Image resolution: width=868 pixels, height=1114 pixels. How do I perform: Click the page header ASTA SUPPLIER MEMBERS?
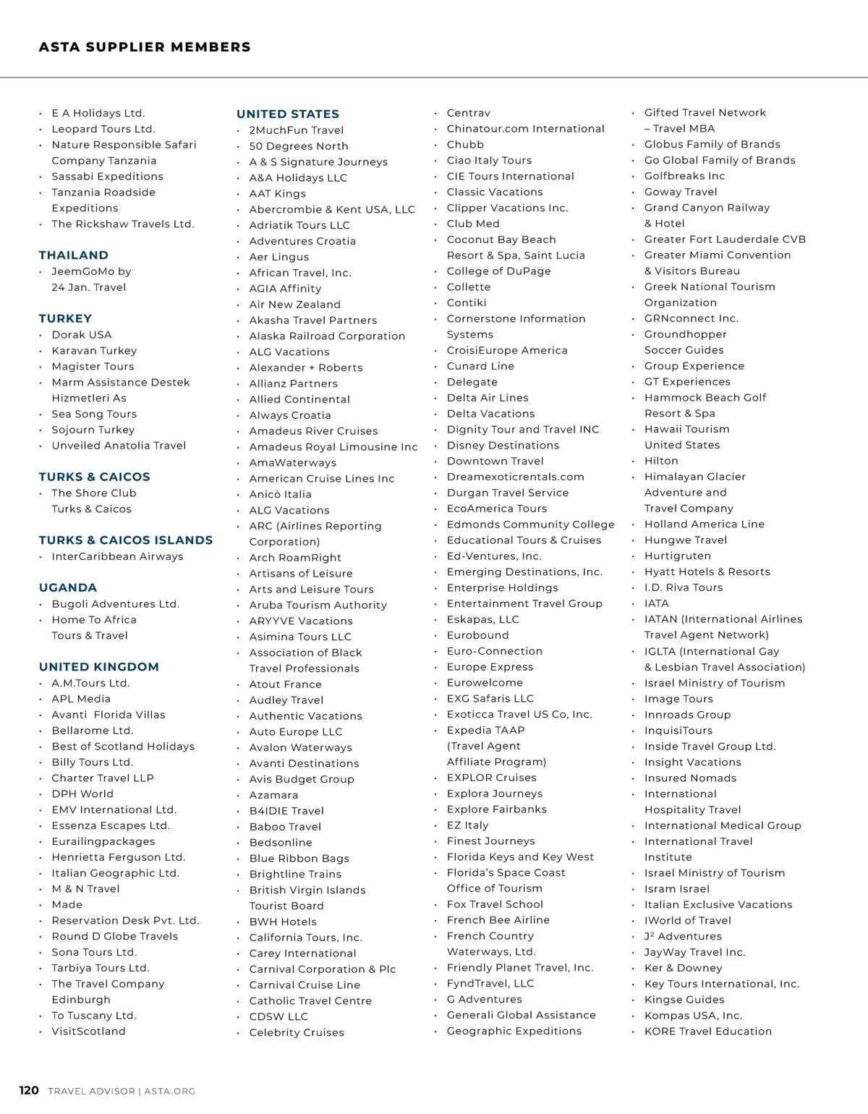click(x=145, y=48)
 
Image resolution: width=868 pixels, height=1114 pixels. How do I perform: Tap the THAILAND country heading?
click(x=74, y=255)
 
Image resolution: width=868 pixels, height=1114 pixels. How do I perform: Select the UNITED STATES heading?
click(x=288, y=114)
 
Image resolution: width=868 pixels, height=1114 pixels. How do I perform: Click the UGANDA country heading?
click(x=68, y=588)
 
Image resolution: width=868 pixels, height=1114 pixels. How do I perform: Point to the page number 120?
click(x=29, y=1091)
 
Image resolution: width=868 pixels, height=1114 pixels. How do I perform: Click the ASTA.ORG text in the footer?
click(x=169, y=1092)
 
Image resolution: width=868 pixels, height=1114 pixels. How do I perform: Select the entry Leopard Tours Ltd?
click(x=103, y=129)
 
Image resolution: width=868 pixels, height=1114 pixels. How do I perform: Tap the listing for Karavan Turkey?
click(x=94, y=351)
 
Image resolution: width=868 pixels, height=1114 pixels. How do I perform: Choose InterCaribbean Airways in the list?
click(x=117, y=556)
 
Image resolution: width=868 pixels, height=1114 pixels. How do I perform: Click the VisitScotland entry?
click(x=88, y=1032)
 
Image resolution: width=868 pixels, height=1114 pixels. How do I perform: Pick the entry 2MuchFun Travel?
click(x=297, y=130)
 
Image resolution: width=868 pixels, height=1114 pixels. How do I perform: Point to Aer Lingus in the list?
click(x=279, y=257)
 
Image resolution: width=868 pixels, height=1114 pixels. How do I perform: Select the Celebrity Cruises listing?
click(x=297, y=1033)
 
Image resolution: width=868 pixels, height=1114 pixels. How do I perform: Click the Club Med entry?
click(x=473, y=224)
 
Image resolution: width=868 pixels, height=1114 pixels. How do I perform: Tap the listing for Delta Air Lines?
click(x=488, y=398)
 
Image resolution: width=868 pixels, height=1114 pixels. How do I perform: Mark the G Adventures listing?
click(x=485, y=1000)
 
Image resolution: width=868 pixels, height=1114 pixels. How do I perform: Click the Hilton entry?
click(x=661, y=461)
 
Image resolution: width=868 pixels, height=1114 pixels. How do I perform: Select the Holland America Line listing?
click(x=705, y=524)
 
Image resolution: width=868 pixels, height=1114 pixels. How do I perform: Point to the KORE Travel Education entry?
click(x=708, y=1032)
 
